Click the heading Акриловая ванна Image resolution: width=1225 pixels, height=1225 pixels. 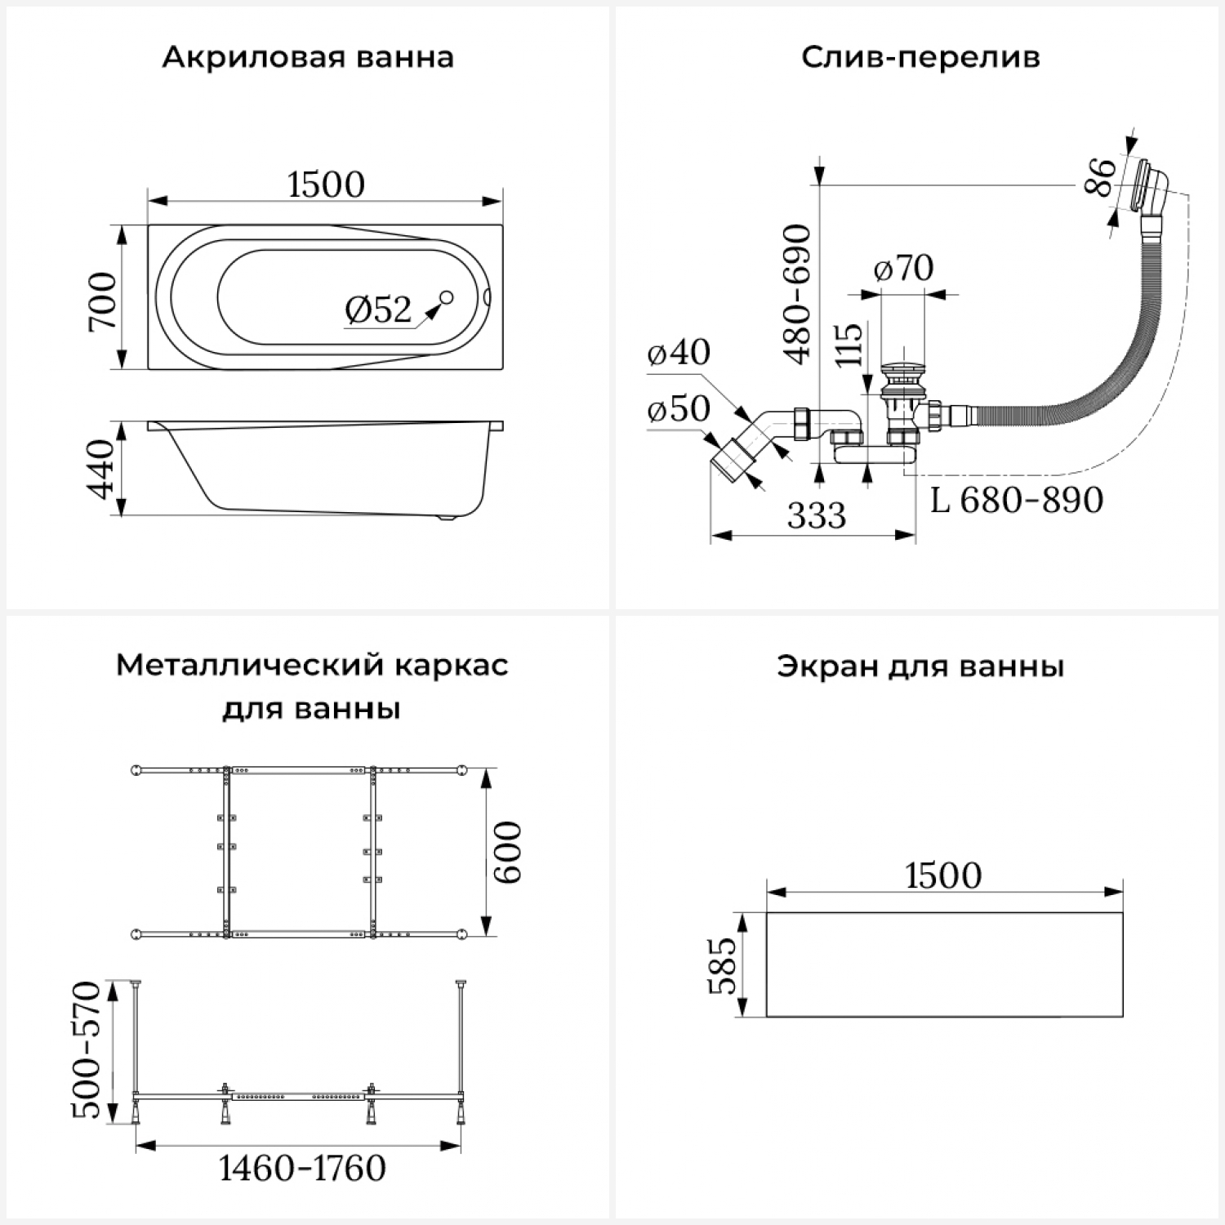307,58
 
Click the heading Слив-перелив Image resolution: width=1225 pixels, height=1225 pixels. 920,58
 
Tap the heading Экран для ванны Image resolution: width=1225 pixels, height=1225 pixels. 920,667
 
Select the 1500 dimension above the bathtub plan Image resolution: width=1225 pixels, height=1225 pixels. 326,185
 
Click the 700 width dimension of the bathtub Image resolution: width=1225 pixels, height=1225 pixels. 104,302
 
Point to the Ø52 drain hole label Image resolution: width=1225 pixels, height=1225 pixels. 378,310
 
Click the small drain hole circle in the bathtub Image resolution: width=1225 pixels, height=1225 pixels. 447,298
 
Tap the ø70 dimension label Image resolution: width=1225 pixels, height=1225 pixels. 903,268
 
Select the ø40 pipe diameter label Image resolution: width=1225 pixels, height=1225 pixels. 679,353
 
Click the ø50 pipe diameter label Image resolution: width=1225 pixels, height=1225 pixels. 679,409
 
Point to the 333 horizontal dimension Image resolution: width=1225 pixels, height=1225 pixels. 816,516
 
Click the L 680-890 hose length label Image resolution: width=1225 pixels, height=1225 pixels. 1017,500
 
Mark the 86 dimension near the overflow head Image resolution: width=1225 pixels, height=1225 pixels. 1101,177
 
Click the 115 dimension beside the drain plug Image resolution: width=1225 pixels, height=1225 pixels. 849,345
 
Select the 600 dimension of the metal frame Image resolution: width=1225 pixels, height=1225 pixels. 508,852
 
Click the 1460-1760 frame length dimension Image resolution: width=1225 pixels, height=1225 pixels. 302,1169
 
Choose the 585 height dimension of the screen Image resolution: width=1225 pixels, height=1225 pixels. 722,965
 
